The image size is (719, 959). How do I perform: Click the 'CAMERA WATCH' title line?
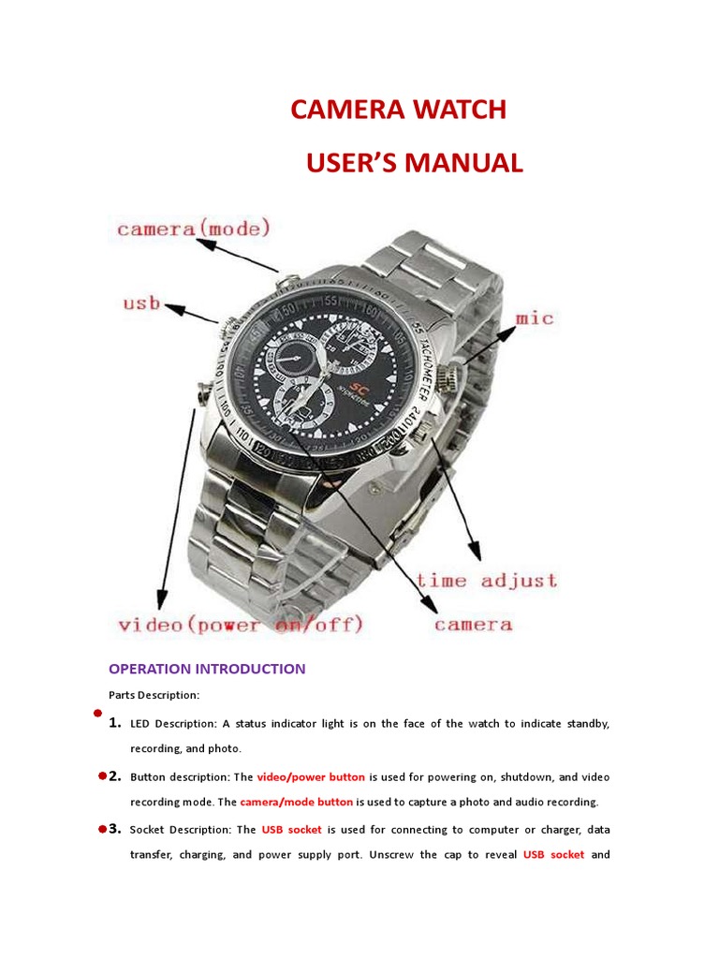click(x=398, y=111)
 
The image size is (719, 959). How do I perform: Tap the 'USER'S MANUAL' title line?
click(x=414, y=163)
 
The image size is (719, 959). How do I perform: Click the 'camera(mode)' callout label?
click(x=193, y=228)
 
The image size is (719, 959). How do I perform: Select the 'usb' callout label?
click(x=141, y=304)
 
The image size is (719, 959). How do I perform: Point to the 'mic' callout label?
click(x=535, y=318)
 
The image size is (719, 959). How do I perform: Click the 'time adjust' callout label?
click(x=487, y=581)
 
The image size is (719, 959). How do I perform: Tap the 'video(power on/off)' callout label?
click(x=241, y=624)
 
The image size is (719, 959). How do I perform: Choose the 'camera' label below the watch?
click(x=473, y=624)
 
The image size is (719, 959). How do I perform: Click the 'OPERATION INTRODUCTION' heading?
click(x=207, y=669)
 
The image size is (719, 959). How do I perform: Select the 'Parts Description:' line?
click(x=154, y=695)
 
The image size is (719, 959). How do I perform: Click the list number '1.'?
click(x=115, y=723)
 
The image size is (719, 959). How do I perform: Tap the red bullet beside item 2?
click(x=101, y=776)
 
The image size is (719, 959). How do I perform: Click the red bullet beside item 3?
click(x=101, y=829)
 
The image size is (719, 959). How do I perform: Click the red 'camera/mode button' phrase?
click(x=297, y=802)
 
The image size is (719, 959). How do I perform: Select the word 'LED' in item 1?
click(x=140, y=724)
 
